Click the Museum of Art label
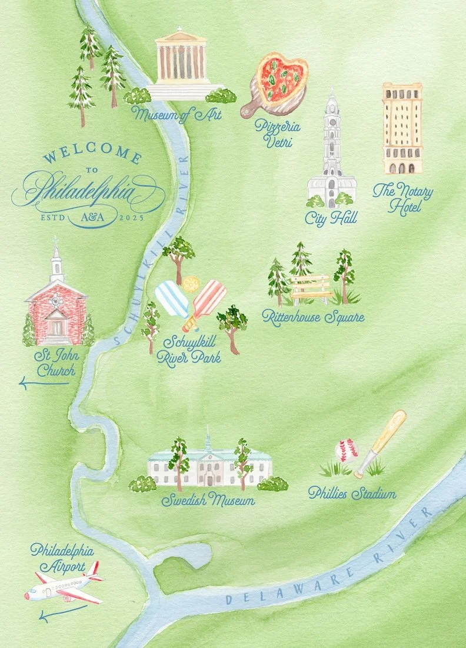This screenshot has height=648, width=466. tap(177, 114)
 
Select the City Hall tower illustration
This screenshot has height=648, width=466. tap(331, 153)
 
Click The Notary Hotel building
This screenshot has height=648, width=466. tap(402, 128)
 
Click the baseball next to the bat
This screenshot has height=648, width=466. tap(347, 451)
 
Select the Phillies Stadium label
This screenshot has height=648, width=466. tap(352, 494)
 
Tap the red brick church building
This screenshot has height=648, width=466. tap(56, 312)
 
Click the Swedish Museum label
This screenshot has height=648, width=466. tap(208, 501)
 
